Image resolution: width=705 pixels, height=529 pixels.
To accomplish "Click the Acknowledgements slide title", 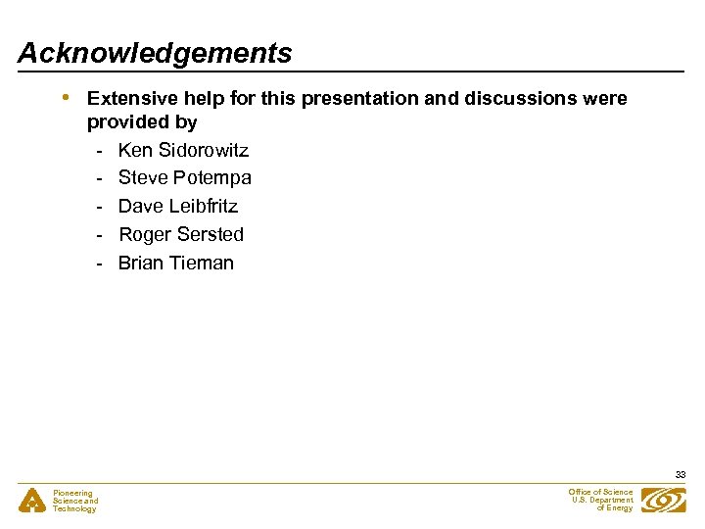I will pos(155,53).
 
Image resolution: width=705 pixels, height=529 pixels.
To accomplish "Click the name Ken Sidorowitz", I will pos(183,150).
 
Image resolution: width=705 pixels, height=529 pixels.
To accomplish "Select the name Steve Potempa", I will pos(184,178).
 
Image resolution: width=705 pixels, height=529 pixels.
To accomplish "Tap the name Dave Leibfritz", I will pos(177,206).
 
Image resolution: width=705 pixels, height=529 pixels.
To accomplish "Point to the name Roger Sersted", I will pos(180,234).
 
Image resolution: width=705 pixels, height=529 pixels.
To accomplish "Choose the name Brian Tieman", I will pos(175,263).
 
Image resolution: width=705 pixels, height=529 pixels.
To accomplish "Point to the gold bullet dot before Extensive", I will pos(66,97).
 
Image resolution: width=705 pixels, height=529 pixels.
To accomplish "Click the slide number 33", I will pos(680,475).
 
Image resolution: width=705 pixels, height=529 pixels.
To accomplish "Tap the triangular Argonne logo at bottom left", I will pos(33,501).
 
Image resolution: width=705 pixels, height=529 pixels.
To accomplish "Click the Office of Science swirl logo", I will pos(663,501).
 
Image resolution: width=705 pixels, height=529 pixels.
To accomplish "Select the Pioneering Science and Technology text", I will pos(75,501).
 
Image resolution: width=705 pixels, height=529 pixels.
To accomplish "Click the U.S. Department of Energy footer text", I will pos(602,500).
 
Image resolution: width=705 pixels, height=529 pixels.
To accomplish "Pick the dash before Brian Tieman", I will pos(100,264).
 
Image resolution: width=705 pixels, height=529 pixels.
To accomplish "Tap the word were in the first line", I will pos(605,99).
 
